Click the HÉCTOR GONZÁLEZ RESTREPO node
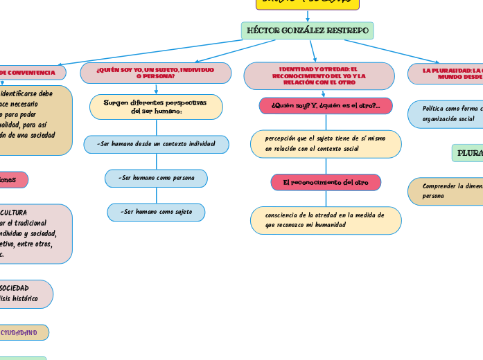[x=307, y=30]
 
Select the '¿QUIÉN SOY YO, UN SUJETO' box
[x=155, y=73]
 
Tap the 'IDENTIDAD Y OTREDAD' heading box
[x=319, y=76]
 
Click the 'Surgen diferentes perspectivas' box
[x=156, y=107]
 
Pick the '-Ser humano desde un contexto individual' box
[x=156, y=144]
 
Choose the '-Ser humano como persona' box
[x=156, y=178]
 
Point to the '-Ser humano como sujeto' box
[x=156, y=212]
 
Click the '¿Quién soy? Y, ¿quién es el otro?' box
[x=325, y=105]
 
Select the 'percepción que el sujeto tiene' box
[x=325, y=143]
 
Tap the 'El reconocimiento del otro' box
[x=325, y=182]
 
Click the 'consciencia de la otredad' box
[x=325, y=220]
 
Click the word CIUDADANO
[x=19, y=332]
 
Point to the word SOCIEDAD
[x=14, y=287]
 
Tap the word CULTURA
[x=14, y=213]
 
